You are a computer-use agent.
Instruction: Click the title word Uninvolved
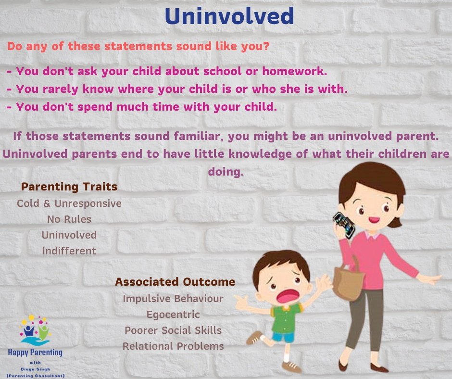229,16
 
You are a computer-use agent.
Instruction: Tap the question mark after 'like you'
266,46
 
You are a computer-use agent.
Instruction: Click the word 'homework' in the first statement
295,71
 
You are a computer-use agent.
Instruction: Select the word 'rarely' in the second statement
60,89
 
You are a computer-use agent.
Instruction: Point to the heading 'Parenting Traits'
69,187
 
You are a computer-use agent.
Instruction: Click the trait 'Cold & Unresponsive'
69,203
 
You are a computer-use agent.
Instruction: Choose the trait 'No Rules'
69,219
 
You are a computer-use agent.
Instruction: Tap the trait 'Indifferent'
69,251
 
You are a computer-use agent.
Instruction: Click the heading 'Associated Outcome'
175,281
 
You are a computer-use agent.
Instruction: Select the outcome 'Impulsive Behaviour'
173,299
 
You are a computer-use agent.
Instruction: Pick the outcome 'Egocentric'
173,315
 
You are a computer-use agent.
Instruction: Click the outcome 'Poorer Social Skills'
173,330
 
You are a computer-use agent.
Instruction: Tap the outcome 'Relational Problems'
173,346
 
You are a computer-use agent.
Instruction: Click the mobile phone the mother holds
344,226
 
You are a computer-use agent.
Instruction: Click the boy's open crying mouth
288,296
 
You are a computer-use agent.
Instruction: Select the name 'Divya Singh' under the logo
35,369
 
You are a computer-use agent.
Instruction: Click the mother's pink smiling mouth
374,220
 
